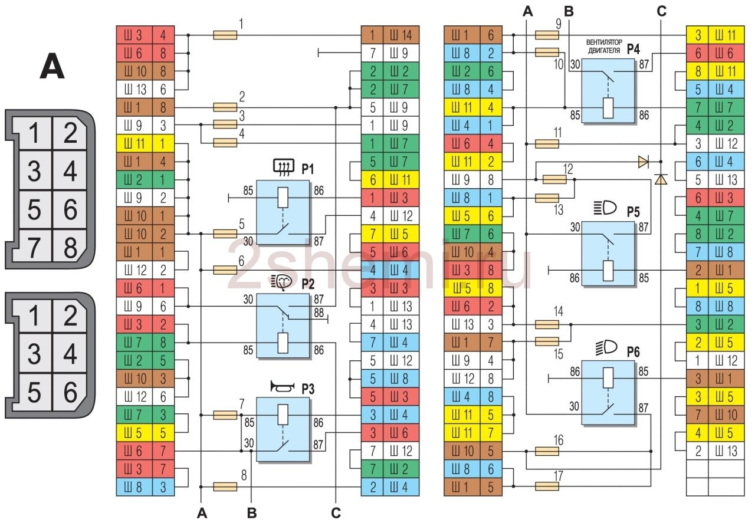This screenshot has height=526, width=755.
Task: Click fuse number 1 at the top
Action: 224,35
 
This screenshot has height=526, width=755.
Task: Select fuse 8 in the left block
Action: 224,486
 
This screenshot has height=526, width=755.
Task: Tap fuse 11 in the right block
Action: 547,144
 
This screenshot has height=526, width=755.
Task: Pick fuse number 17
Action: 547,486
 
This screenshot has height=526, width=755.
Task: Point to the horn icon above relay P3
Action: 282,387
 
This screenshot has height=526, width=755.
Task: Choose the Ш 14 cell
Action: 401,35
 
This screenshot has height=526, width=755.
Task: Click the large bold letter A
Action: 52,67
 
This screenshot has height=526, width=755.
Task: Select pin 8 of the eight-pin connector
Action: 71,248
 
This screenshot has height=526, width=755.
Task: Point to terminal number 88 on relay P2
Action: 319,312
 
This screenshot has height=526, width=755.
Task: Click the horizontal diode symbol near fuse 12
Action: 643,161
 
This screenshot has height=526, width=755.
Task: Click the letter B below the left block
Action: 252,514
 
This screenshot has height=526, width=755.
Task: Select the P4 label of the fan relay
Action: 633,48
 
